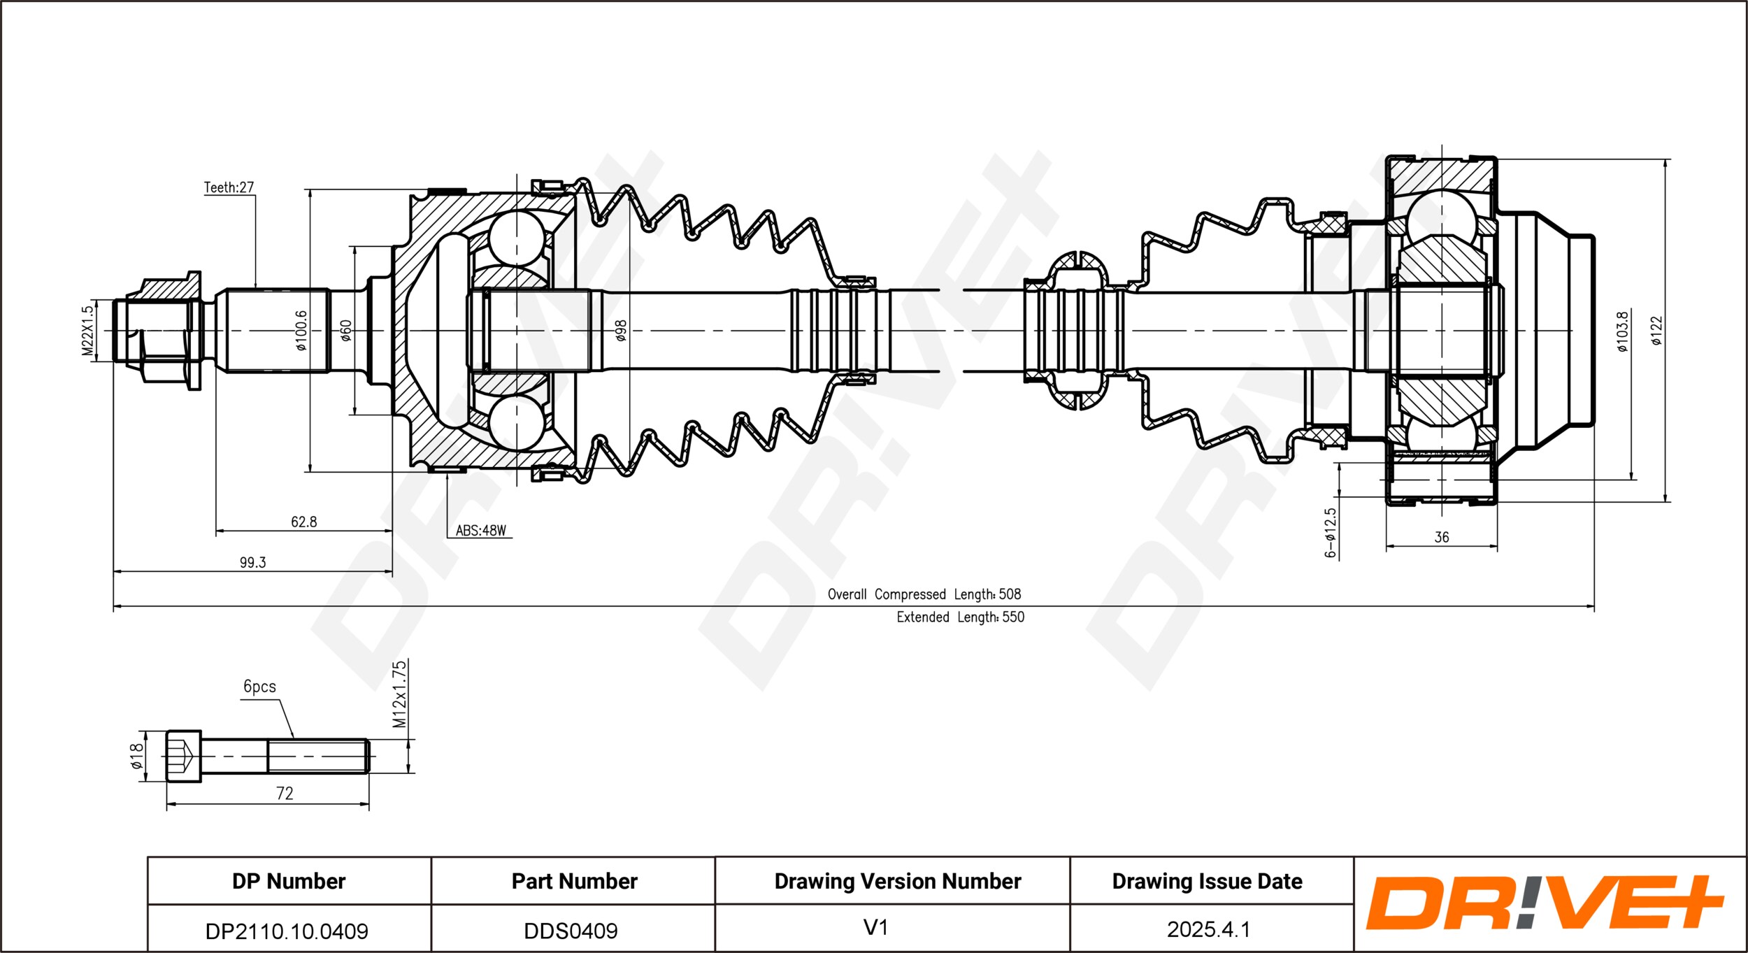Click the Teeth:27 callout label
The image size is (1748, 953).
point(229,187)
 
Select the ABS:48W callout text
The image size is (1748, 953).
point(480,531)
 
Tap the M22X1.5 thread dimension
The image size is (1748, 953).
point(87,331)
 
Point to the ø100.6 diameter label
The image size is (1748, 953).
point(301,331)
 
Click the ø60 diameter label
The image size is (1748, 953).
point(346,331)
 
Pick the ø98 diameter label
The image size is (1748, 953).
point(621,331)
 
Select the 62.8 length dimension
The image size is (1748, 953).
point(303,522)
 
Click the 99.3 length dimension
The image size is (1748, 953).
point(252,562)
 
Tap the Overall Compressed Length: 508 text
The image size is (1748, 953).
point(924,594)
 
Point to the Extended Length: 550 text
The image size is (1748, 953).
point(960,617)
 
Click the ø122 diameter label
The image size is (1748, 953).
point(1656,331)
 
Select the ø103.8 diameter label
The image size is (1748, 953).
point(1622,331)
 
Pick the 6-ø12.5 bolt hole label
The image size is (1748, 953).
point(1330,533)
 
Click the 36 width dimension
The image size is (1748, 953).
point(1441,537)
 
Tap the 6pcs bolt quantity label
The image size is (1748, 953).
point(259,687)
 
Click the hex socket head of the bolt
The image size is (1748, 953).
point(183,757)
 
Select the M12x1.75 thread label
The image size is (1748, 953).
point(399,694)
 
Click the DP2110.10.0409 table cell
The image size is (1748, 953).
point(287,931)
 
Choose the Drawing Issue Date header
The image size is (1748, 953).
point(1207,881)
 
